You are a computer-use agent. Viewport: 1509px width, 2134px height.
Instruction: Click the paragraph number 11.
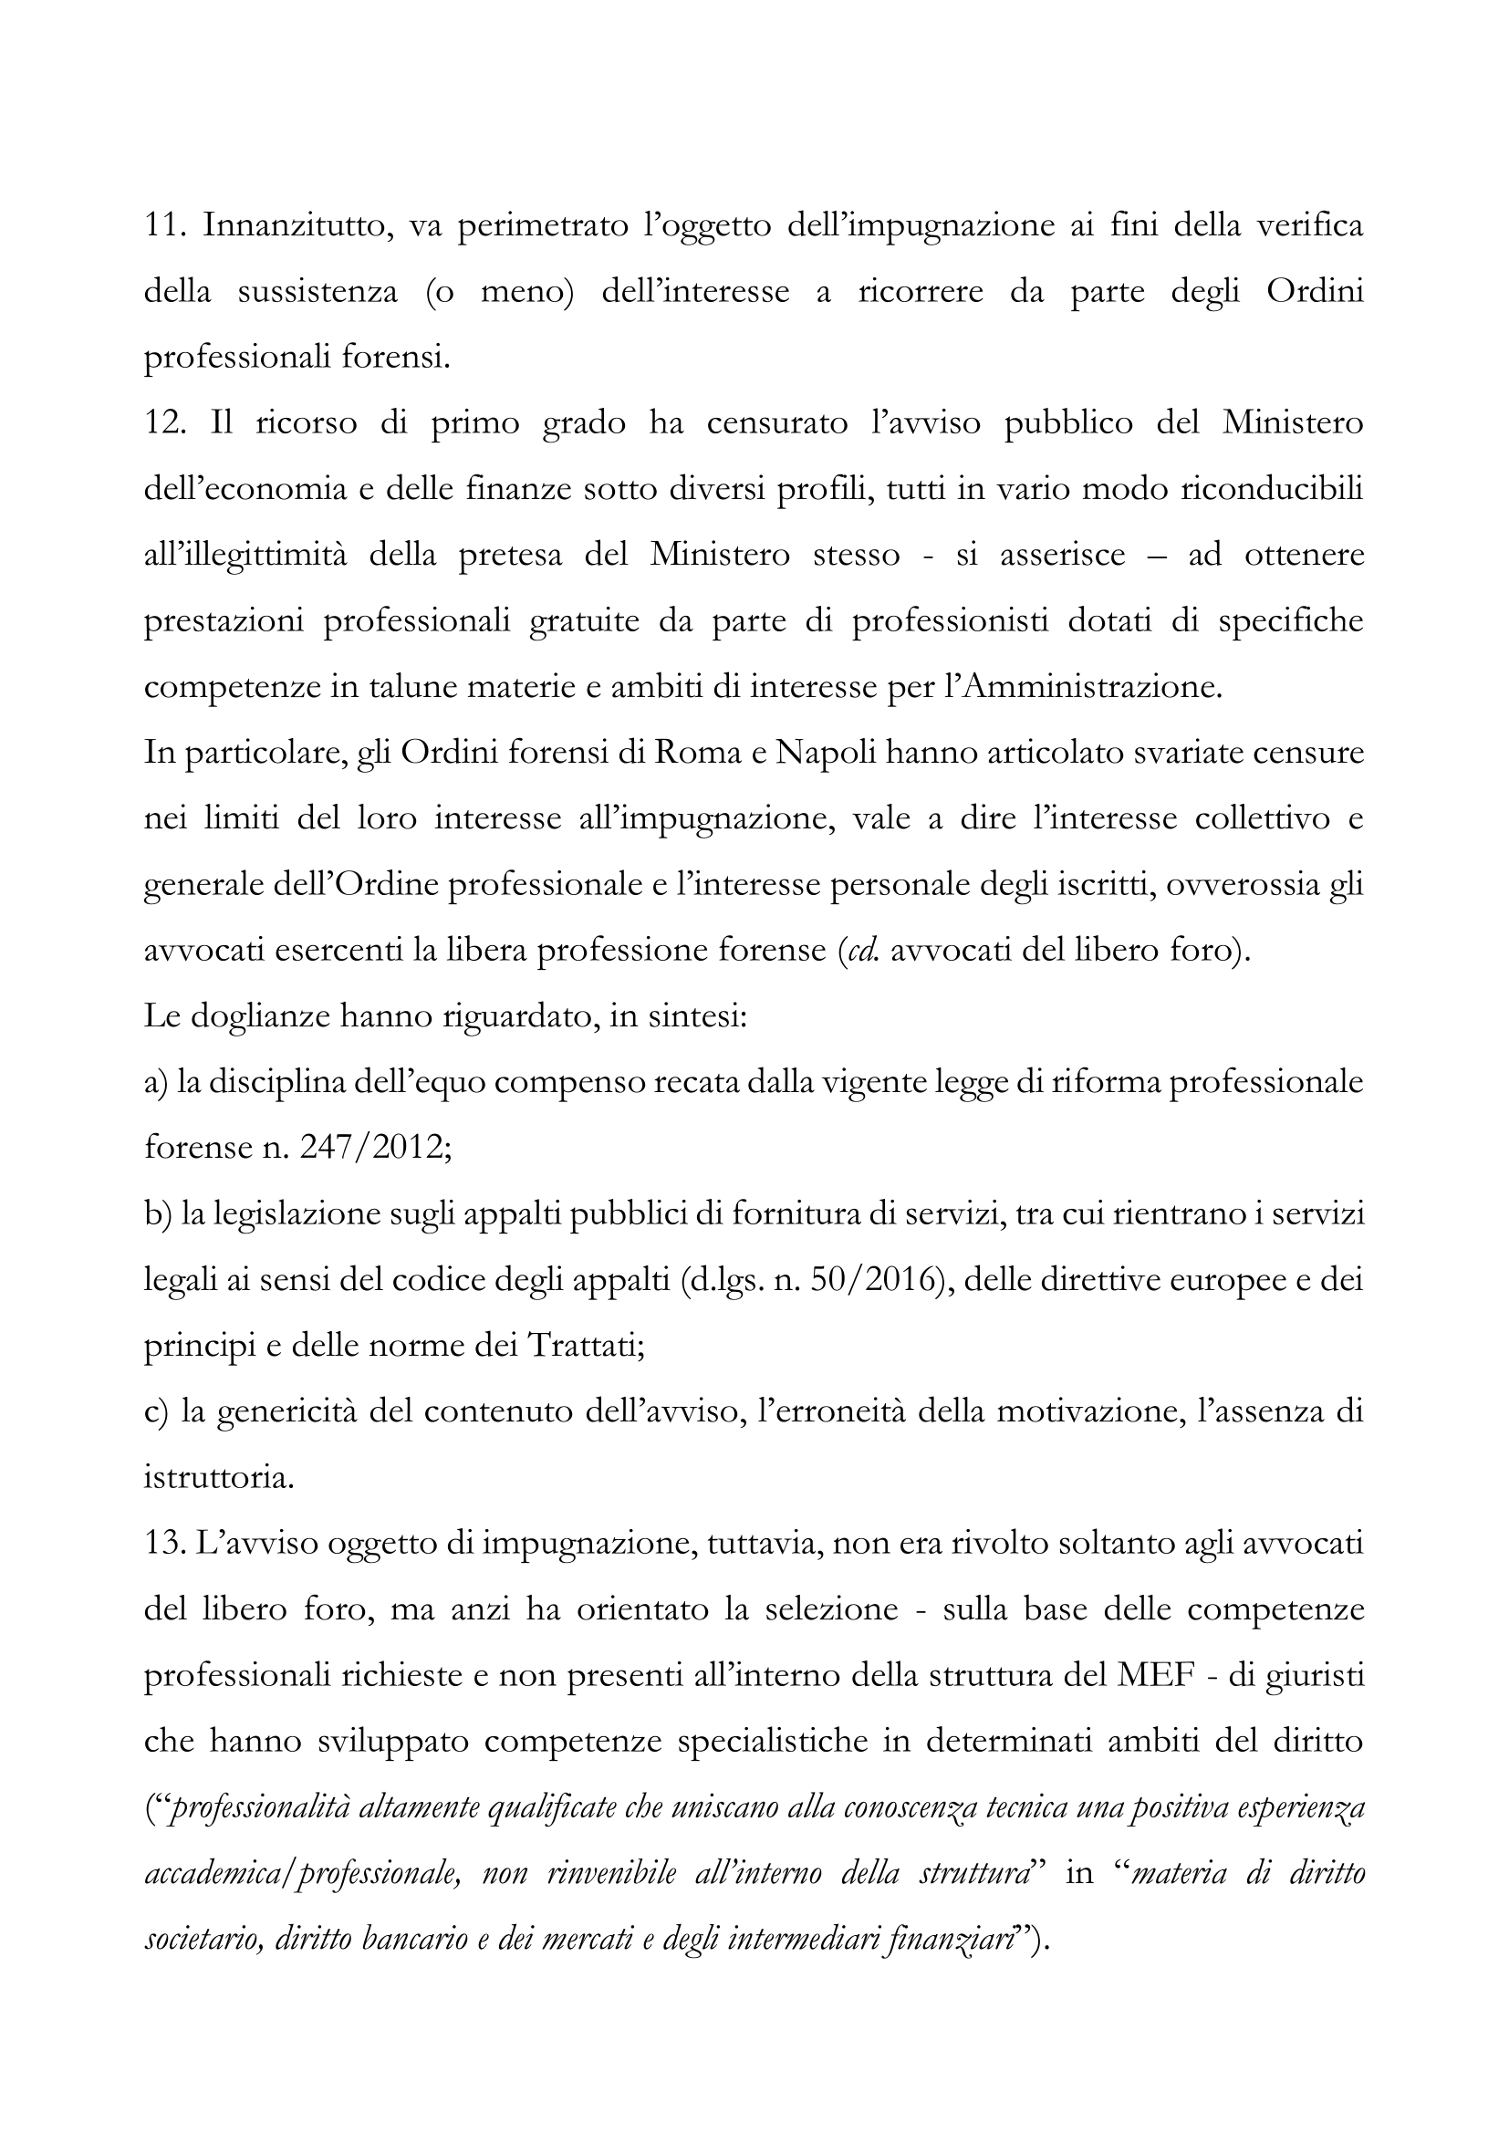(x=164, y=226)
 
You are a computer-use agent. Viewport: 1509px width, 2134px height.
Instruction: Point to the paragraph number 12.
(x=166, y=423)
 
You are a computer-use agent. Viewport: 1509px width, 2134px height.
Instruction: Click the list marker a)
(x=155, y=1083)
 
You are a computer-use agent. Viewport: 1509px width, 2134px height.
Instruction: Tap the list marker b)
(x=157, y=1214)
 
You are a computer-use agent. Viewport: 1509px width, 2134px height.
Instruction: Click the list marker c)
(x=155, y=1412)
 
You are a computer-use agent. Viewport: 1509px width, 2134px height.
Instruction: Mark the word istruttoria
(x=219, y=1479)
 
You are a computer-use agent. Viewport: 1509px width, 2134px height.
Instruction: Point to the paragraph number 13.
(x=166, y=1545)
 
